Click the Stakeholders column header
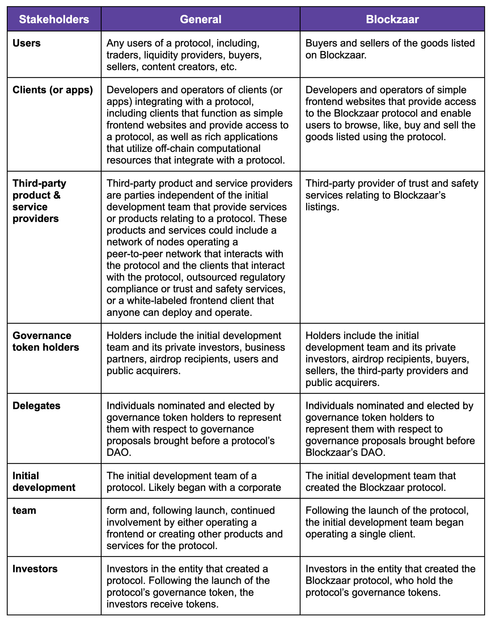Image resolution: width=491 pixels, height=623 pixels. [54, 19]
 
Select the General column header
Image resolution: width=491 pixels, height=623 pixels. [200, 19]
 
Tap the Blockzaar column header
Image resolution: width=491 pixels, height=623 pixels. [392, 19]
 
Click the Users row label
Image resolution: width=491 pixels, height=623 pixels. [27, 43]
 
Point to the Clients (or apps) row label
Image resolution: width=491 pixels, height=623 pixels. [53, 90]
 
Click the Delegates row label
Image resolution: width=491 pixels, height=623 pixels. [37, 406]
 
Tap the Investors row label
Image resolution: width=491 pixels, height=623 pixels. [35, 569]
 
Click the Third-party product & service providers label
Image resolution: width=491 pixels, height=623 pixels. [39, 201]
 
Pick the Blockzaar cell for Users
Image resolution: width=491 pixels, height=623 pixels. [390, 49]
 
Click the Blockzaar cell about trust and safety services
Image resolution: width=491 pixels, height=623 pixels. [392, 195]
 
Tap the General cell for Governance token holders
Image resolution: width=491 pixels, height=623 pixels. [196, 353]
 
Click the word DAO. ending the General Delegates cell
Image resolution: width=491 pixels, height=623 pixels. [119, 452]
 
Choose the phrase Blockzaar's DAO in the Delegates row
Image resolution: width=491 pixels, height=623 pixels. [345, 452]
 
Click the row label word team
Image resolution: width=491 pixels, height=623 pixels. [24, 510]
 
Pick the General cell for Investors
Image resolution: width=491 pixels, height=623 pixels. [188, 586]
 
